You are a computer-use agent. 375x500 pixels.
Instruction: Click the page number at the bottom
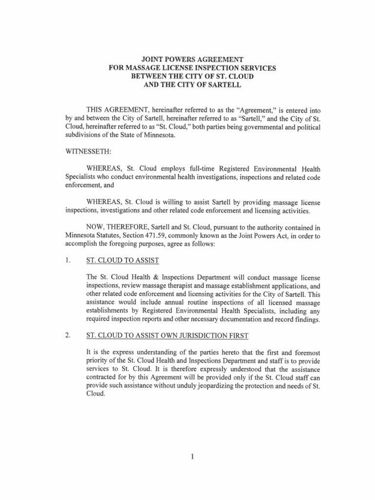point(192,457)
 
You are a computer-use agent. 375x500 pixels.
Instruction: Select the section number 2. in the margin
point(69,335)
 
